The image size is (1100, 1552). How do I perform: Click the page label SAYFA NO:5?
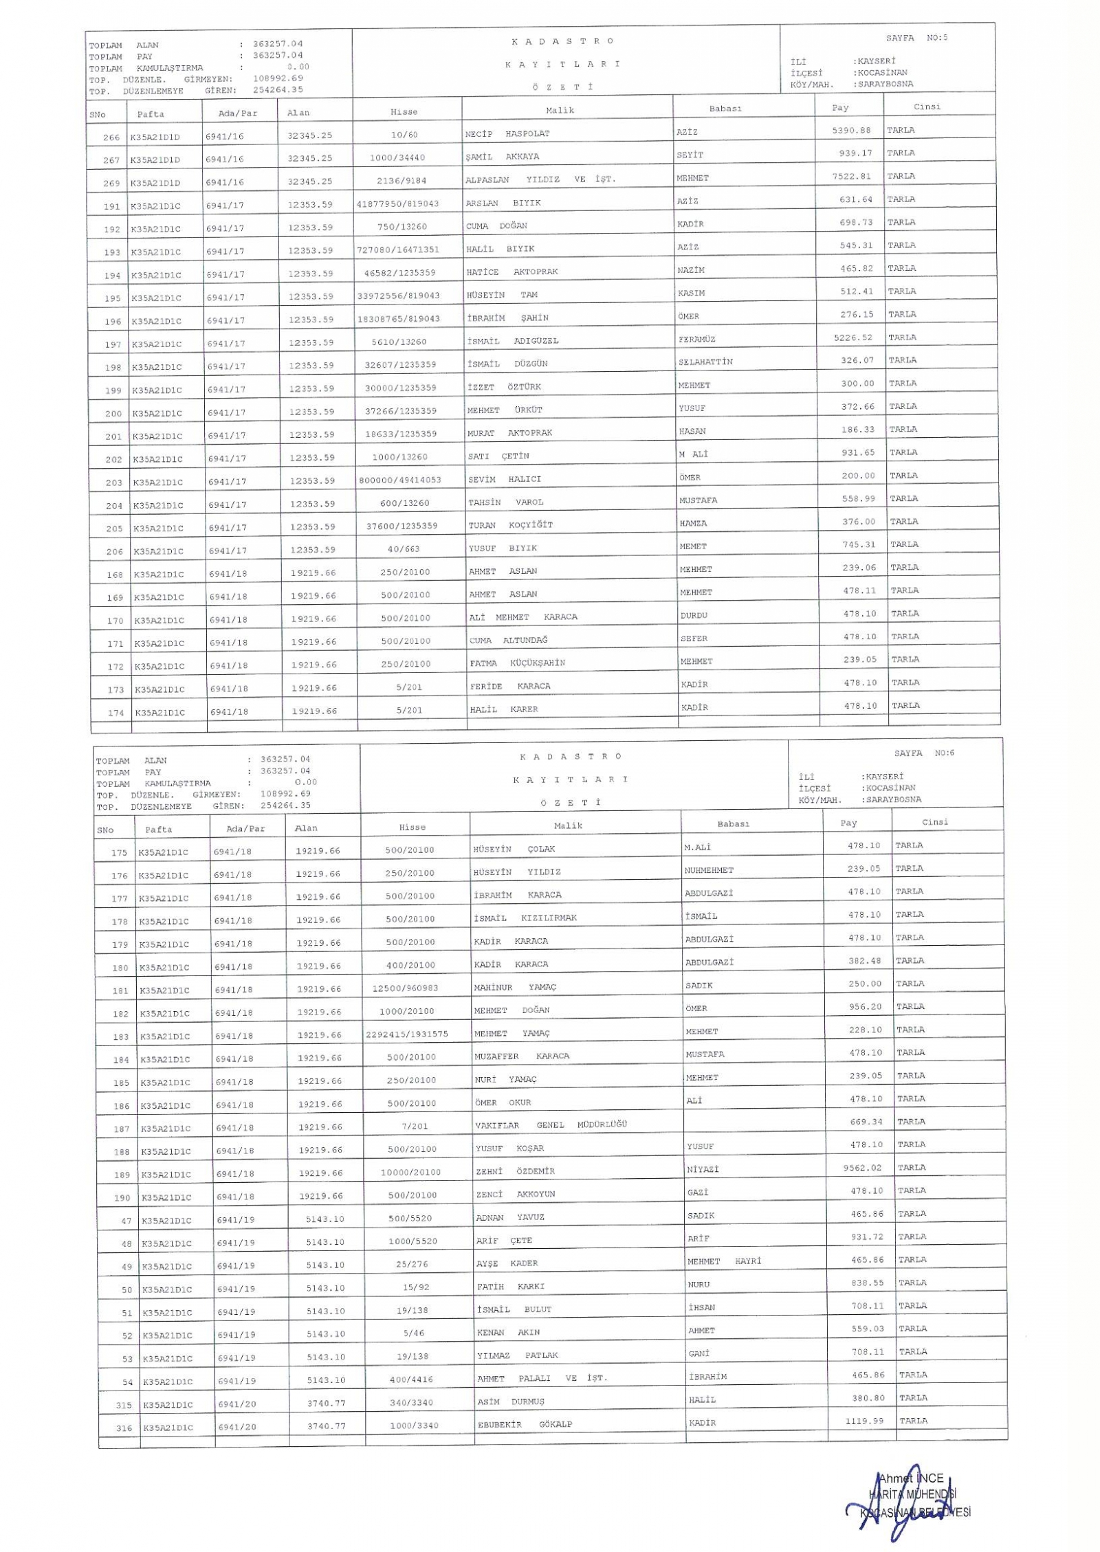(x=916, y=38)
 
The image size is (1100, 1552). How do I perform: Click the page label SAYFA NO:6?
(x=924, y=753)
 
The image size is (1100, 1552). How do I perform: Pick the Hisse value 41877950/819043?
(x=397, y=204)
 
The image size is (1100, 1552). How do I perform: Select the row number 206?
(x=114, y=551)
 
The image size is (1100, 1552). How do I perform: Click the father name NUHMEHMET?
(x=709, y=870)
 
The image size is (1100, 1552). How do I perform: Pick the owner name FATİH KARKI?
(x=510, y=1287)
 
